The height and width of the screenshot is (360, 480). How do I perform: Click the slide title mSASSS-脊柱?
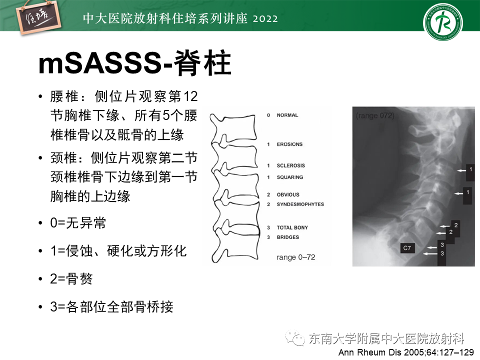click(135, 64)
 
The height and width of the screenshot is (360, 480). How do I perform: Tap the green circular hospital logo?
click(443, 23)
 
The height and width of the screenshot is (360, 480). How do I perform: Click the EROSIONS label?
click(289, 144)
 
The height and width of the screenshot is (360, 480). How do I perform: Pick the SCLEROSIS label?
click(290, 165)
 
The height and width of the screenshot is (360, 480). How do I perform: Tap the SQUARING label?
click(289, 177)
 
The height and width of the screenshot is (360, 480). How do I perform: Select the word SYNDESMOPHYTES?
click(300, 204)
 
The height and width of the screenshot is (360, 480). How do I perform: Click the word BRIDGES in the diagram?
click(287, 237)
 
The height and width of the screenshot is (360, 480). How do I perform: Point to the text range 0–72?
click(295, 257)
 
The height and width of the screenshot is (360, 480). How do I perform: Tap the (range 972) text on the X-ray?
click(375, 116)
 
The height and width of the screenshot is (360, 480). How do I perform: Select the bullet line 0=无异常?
click(78, 223)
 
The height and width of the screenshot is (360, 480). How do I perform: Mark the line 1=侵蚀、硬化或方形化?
click(118, 251)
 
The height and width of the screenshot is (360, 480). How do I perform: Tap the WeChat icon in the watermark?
click(298, 339)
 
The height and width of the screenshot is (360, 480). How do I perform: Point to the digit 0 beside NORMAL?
click(268, 115)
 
